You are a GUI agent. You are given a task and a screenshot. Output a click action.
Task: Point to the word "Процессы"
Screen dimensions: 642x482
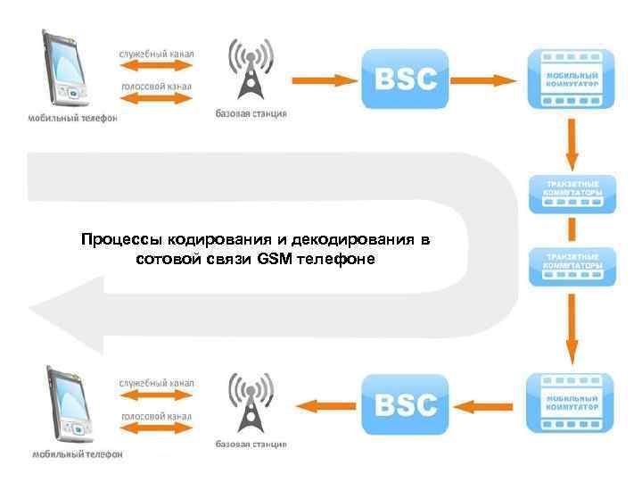point(112,241)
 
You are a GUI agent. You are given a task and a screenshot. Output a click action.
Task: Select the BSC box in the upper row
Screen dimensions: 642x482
point(405,79)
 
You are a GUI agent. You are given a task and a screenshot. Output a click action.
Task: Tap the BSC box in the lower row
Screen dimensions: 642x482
point(405,404)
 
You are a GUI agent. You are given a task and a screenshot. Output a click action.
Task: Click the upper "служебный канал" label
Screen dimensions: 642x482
point(157,54)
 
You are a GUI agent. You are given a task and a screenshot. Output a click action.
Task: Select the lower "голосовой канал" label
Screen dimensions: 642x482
point(157,417)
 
